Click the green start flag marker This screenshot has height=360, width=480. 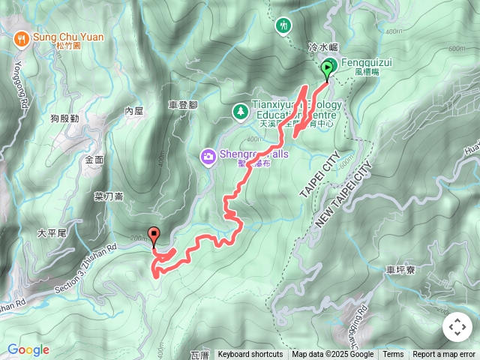click(328, 69)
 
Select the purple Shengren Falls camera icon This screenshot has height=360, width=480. click(208, 156)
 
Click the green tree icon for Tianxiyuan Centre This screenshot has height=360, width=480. click(240, 111)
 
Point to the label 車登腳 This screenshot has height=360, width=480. click(183, 105)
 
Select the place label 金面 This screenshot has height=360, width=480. click(94, 160)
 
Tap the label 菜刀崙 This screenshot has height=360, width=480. click(108, 196)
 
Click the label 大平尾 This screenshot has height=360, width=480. click(52, 233)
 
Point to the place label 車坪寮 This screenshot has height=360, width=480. click(399, 269)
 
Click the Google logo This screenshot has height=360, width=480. click(28, 349)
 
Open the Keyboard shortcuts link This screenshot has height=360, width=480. click(250, 355)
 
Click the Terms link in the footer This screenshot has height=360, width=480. click(393, 355)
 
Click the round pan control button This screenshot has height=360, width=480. click(457, 327)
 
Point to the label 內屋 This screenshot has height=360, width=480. click(133, 110)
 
